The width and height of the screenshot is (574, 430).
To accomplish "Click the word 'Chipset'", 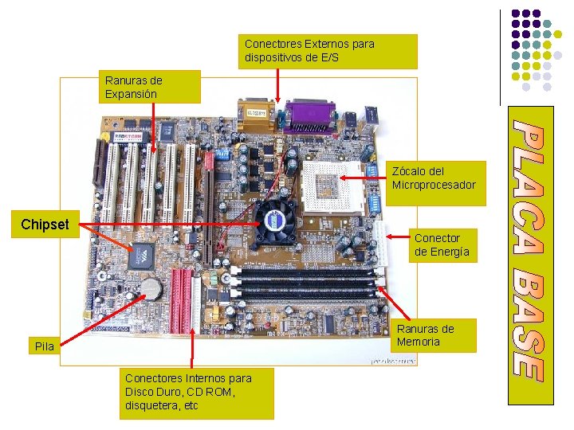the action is tap(45, 225).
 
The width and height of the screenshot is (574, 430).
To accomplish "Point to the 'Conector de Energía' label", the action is tap(442, 244).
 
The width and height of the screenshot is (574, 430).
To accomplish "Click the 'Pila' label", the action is tap(45, 346).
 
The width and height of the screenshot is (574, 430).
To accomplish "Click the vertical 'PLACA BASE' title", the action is tap(529, 248).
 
